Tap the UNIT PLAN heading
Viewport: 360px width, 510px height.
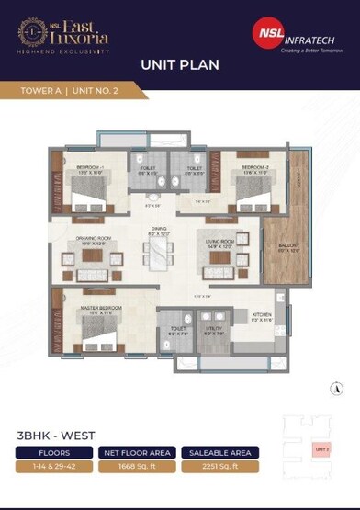pyautogui.click(x=179, y=65)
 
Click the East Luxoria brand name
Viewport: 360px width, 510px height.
pyautogui.click(x=75, y=33)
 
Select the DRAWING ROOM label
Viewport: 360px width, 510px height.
pyautogui.click(x=95, y=242)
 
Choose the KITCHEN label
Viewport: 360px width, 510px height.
pyautogui.click(x=263, y=314)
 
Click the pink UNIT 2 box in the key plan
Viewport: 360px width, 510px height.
pyautogui.click(x=321, y=448)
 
